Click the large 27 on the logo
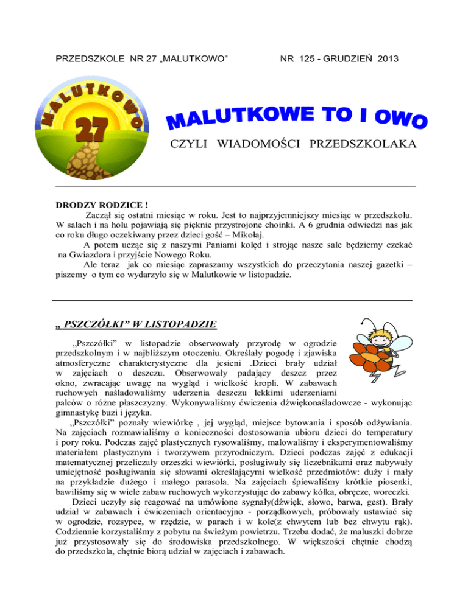pyautogui.click(x=91, y=130)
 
